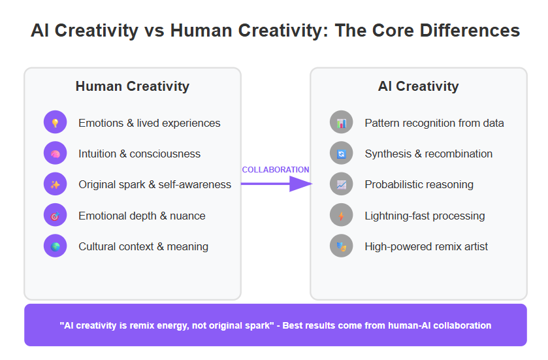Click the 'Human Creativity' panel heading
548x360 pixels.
pyautogui.click(x=133, y=86)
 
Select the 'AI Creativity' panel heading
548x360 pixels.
pyautogui.click(x=418, y=86)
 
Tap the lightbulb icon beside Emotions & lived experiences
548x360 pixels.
pyautogui.click(x=56, y=122)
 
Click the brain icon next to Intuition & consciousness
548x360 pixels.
pyautogui.click(x=56, y=153)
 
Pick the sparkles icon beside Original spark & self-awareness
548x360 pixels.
pyautogui.click(x=56, y=184)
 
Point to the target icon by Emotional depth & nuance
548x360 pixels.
pyautogui.click(x=56, y=215)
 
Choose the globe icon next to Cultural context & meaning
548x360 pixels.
pyautogui.click(x=56, y=246)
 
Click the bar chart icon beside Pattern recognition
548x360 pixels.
pyautogui.click(x=342, y=122)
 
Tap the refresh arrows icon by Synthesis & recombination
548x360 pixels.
pyautogui.click(x=342, y=153)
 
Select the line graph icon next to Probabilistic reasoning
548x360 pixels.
pyautogui.click(x=342, y=184)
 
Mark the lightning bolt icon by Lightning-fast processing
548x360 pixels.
pyautogui.click(x=342, y=215)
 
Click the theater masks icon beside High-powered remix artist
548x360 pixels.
pyautogui.click(x=342, y=246)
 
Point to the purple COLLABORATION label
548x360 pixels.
pyautogui.click(x=276, y=170)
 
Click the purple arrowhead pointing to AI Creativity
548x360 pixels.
pyautogui.click(x=300, y=184)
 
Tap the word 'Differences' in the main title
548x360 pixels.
pyautogui.click(x=470, y=31)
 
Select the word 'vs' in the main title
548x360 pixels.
pyautogui.click(x=154, y=31)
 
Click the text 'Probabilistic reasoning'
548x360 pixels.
pyautogui.click(x=419, y=184)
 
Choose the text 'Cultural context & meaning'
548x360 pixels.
pyautogui.click(x=143, y=247)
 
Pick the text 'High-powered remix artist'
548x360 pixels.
pyautogui.click(x=427, y=247)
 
